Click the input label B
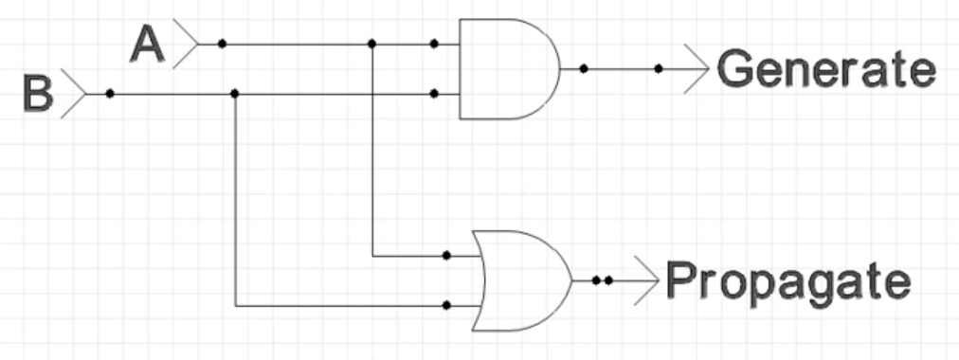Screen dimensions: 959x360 pos(38,94)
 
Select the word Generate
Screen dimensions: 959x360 pos(826,68)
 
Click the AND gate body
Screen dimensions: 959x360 pos(509,68)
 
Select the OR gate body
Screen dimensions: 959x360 pos(521,280)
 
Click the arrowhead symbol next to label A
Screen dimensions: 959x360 pos(187,44)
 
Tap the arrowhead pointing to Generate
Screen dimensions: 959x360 pos(697,68)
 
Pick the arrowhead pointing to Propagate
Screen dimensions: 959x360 pos(647,280)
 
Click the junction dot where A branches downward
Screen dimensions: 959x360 pos(371,44)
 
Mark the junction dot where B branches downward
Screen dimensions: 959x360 pos(235,94)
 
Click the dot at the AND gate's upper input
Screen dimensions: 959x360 pos(434,44)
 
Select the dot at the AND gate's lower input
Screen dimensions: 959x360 pos(434,94)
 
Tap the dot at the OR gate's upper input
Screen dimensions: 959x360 pos(446,256)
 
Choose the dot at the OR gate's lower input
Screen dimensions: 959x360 pos(446,305)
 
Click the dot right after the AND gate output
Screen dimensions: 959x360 pos(584,68)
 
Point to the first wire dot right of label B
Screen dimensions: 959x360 pos(110,94)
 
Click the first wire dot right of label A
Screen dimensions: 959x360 pos(222,44)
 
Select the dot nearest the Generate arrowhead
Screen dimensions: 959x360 pos(659,68)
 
